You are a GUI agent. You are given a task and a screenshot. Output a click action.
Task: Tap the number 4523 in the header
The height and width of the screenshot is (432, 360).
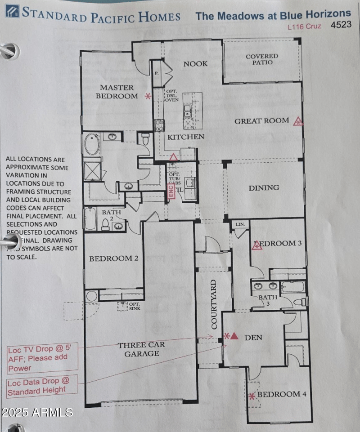pyautogui.click(x=341, y=25)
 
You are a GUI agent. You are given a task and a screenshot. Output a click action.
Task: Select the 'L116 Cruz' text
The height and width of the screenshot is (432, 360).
pyautogui.click(x=305, y=26)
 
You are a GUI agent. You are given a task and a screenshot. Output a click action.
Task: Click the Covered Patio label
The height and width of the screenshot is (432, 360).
pyautogui.click(x=262, y=59)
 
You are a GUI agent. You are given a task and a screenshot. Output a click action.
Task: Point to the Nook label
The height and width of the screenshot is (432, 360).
pyautogui.click(x=195, y=64)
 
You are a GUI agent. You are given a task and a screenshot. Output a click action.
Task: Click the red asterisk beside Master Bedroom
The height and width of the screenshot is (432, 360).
pyautogui.click(x=147, y=96)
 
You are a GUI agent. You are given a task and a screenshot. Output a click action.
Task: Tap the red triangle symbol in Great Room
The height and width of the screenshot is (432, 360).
pyautogui.click(x=297, y=121)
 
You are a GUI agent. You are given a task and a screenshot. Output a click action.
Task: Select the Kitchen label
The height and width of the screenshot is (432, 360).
pyautogui.click(x=186, y=137)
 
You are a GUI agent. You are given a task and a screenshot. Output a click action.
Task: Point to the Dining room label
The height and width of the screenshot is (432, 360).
pyautogui.click(x=264, y=188)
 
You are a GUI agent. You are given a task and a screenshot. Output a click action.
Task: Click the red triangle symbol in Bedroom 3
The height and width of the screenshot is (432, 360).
pyautogui.click(x=257, y=245)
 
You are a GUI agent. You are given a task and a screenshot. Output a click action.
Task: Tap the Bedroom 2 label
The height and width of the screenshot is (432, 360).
pyautogui.click(x=113, y=258)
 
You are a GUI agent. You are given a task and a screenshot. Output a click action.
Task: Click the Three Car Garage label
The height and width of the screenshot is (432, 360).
pyautogui.click(x=141, y=349)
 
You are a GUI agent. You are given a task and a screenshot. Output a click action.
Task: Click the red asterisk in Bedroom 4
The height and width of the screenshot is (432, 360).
pyautogui.click(x=252, y=396)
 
